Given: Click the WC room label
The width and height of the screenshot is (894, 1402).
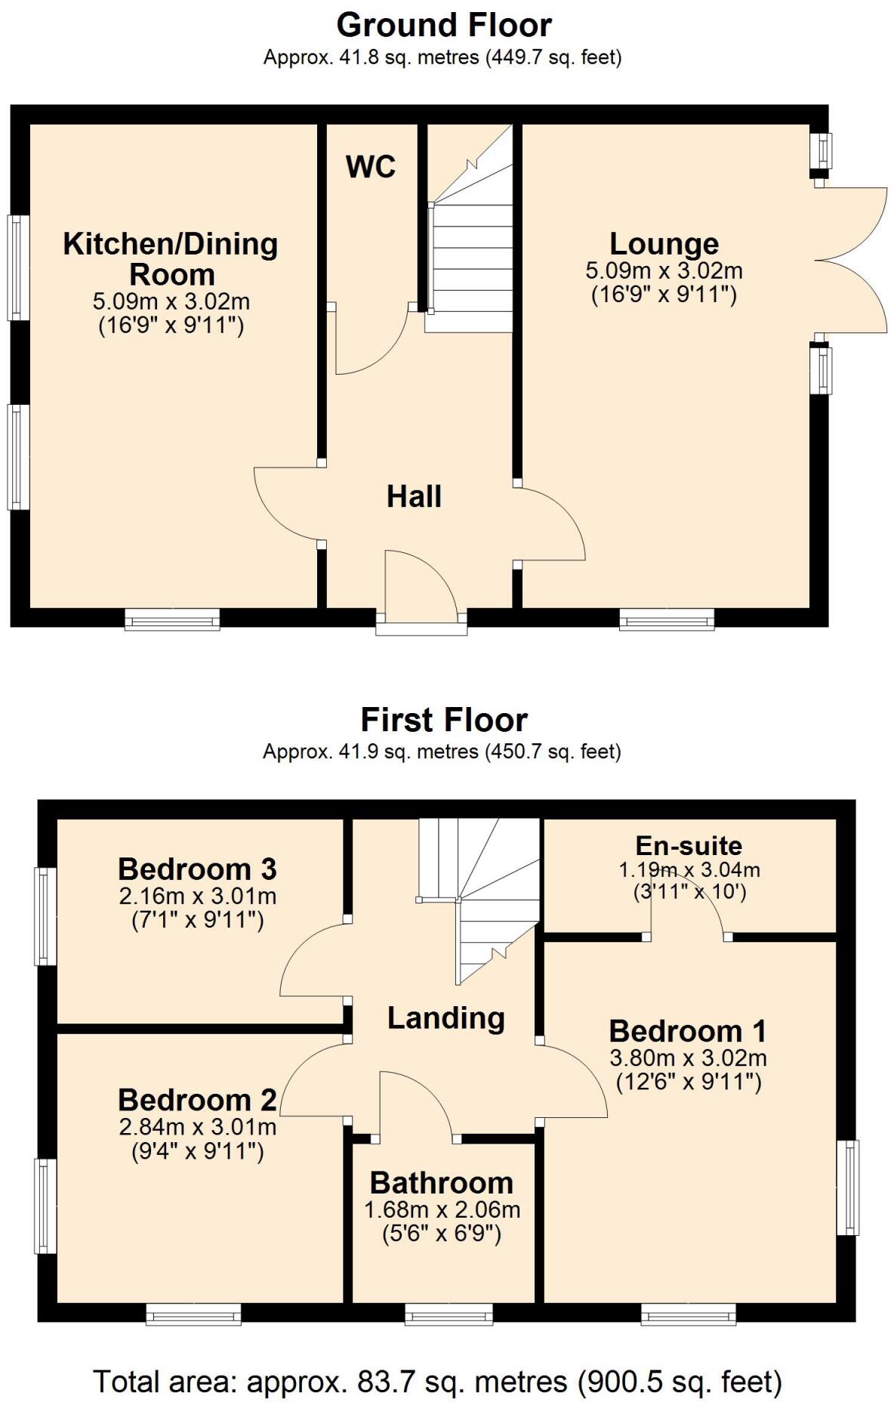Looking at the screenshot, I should click(371, 166).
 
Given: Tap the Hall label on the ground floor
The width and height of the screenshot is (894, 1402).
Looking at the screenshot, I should click(414, 496).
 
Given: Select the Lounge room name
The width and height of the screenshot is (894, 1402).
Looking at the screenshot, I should click(664, 244).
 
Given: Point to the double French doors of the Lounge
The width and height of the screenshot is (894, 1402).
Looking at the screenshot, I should click(852, 260).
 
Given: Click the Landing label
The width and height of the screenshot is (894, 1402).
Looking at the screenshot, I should click(445, 1018).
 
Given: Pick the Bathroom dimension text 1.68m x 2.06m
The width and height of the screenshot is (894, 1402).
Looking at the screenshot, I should click(442, 1210).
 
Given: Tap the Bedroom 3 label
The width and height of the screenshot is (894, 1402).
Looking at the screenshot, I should click(197, 869).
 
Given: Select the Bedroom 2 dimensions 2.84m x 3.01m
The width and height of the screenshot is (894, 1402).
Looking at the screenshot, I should click(197, 1127).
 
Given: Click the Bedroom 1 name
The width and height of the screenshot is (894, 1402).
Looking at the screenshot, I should click(687, 1030).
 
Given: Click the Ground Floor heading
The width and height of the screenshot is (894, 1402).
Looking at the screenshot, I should click(444, 25).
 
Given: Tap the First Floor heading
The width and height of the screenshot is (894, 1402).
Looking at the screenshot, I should click(444, 719).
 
